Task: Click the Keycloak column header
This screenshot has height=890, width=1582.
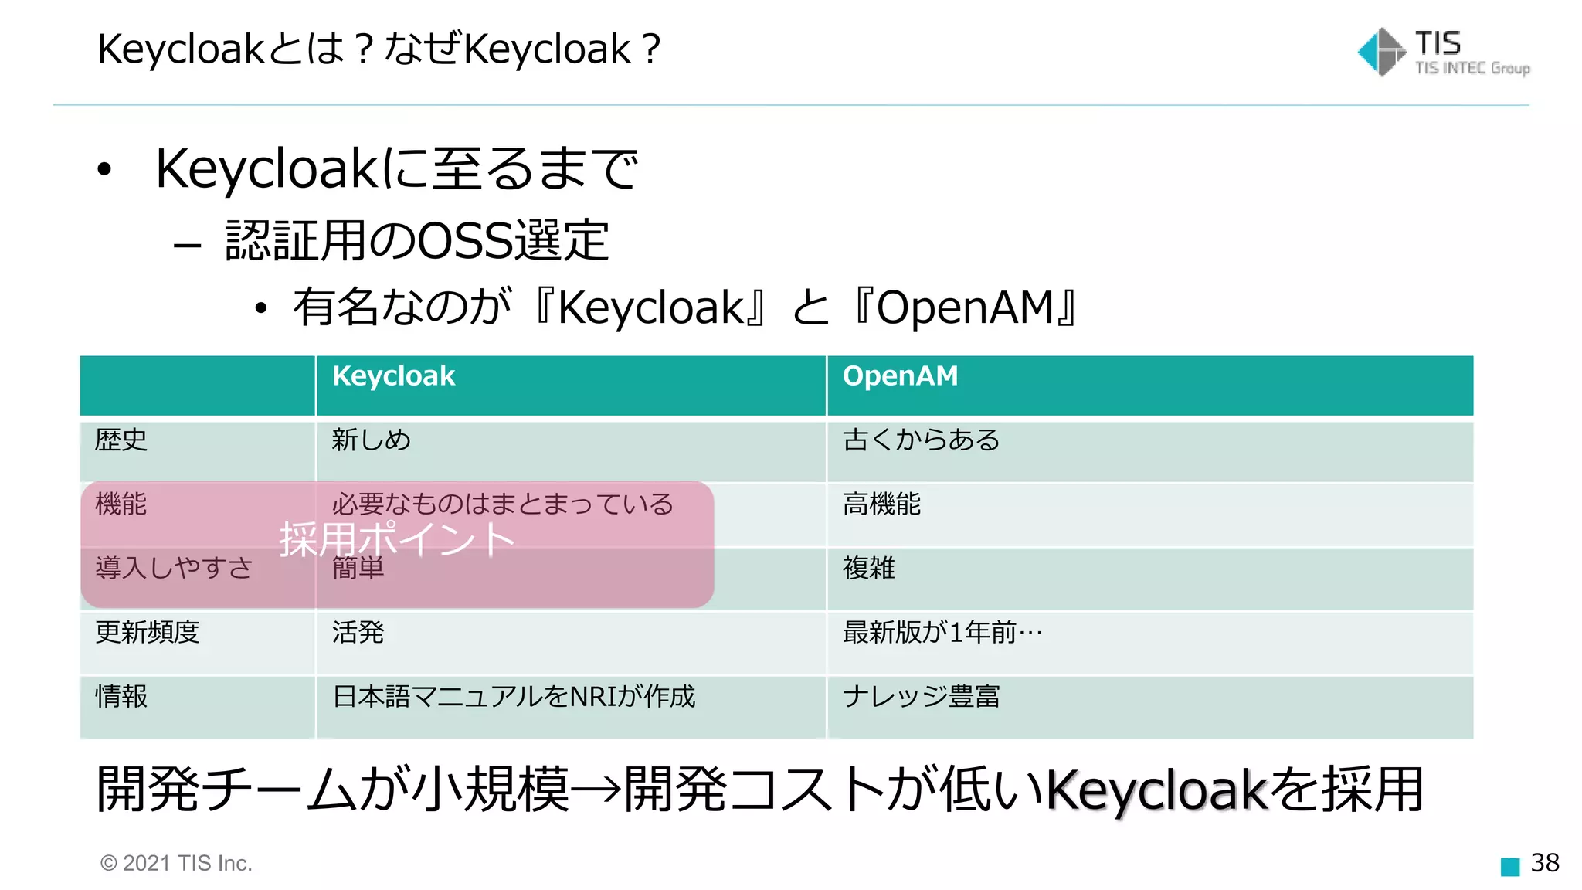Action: [x=393, y=376]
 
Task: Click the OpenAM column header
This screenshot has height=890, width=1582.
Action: [x=900, y=376]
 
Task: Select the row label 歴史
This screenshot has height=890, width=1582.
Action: [x=121, y=440]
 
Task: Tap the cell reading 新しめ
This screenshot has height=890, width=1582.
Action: [x=371, y=440]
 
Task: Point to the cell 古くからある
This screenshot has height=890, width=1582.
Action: [x=921, y=440]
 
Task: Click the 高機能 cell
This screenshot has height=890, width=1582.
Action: [x=881, y=504]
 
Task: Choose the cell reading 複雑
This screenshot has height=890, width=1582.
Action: [x=868, y=569]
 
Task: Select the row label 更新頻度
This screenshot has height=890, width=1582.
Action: [x=147, y=633]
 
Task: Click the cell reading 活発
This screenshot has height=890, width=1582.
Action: [x=358, y=633]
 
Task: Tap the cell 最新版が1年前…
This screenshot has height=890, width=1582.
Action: [x=942, y=633]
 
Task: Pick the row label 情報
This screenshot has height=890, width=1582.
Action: [x=121, y=697]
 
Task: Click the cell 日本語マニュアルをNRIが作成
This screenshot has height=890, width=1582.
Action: [x=514, y=697]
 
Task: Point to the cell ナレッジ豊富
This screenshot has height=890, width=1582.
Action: [x=921, y=697]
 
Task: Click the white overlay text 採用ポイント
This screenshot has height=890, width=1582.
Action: [x=396, y=538]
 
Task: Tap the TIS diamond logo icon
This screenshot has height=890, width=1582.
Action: [x=1381, y=53]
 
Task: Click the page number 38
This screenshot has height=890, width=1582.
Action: [x=1545, y=863]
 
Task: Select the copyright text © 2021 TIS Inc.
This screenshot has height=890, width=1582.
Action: [x=176, y=864]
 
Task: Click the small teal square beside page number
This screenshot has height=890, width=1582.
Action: [x=1509, y=867]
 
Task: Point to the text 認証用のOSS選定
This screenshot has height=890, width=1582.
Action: [x=417, y=240]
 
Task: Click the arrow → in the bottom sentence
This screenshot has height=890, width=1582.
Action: [x=596, y=790]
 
